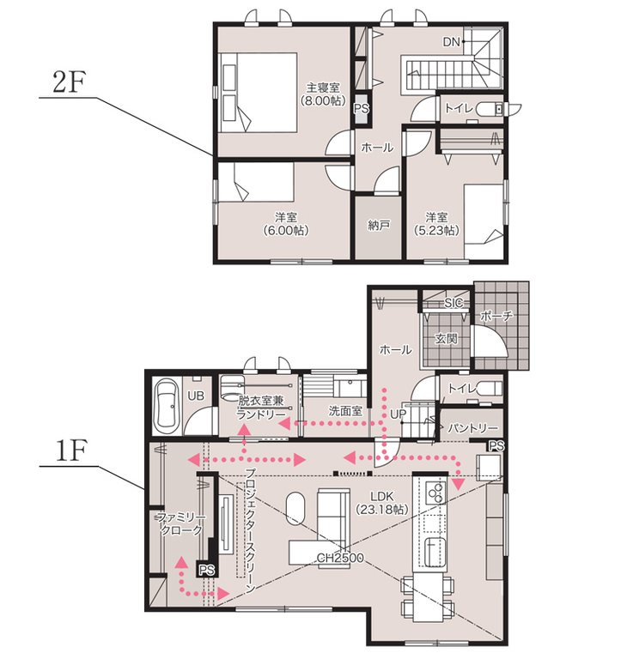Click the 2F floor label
(x=69, y=82)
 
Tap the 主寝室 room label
(x=323, y=88)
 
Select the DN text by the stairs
(x=451, y=41)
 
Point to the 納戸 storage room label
(x=378, y=225)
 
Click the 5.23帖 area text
(x=436, y=230)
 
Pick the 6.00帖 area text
(x=286, y=230)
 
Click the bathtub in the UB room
(x=167, y=406)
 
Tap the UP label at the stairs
(x=398, y=414)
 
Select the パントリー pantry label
(x=472, y=428)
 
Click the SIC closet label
(x=453, y=303)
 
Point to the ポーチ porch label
(x=496, y=316)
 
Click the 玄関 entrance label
(x=446, y=338)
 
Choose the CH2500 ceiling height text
(x=340, y=557)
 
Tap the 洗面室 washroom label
(x=345, y=411)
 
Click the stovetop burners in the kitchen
(x=435, y=493)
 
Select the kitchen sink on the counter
(x=435, y=552)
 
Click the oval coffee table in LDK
(x=296, y=509)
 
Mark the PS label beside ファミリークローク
(x=206, y=570)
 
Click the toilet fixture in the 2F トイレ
(x=490, y=109)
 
